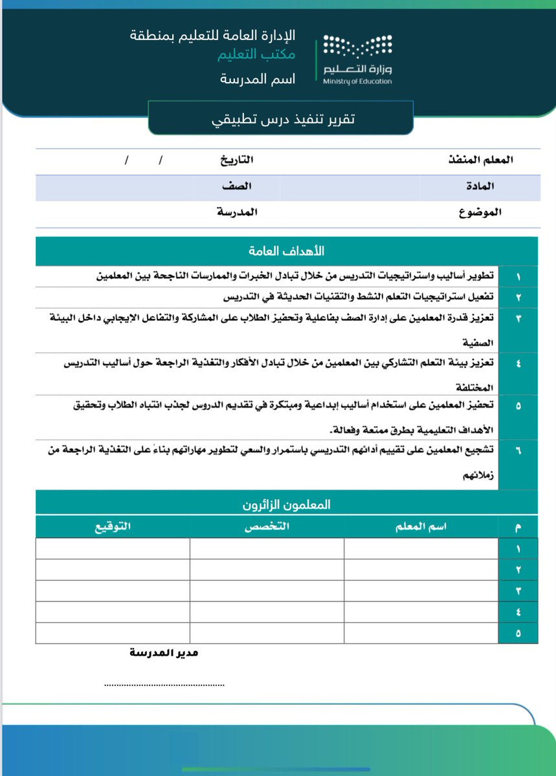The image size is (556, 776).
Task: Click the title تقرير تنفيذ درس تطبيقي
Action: (x=280, y=119)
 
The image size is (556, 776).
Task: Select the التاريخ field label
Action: (x=234, y=159)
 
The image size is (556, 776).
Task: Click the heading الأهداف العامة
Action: (x=287, y=250)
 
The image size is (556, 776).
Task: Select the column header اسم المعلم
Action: (x=421, y=527)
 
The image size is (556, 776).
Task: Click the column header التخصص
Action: (x=267, y=527)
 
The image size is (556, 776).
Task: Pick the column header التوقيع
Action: (x=113, y=527)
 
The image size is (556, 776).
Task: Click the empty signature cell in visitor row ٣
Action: (x=113, y=591)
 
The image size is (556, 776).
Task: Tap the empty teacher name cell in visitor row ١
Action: (x=421, y=548)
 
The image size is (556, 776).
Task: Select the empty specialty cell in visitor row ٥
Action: (x=267, y=633)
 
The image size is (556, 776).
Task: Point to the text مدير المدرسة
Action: (x=164, y=653)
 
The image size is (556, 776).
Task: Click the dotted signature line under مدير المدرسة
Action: (x=164, y=684)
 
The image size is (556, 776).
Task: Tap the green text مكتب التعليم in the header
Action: (x=257, y=56)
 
